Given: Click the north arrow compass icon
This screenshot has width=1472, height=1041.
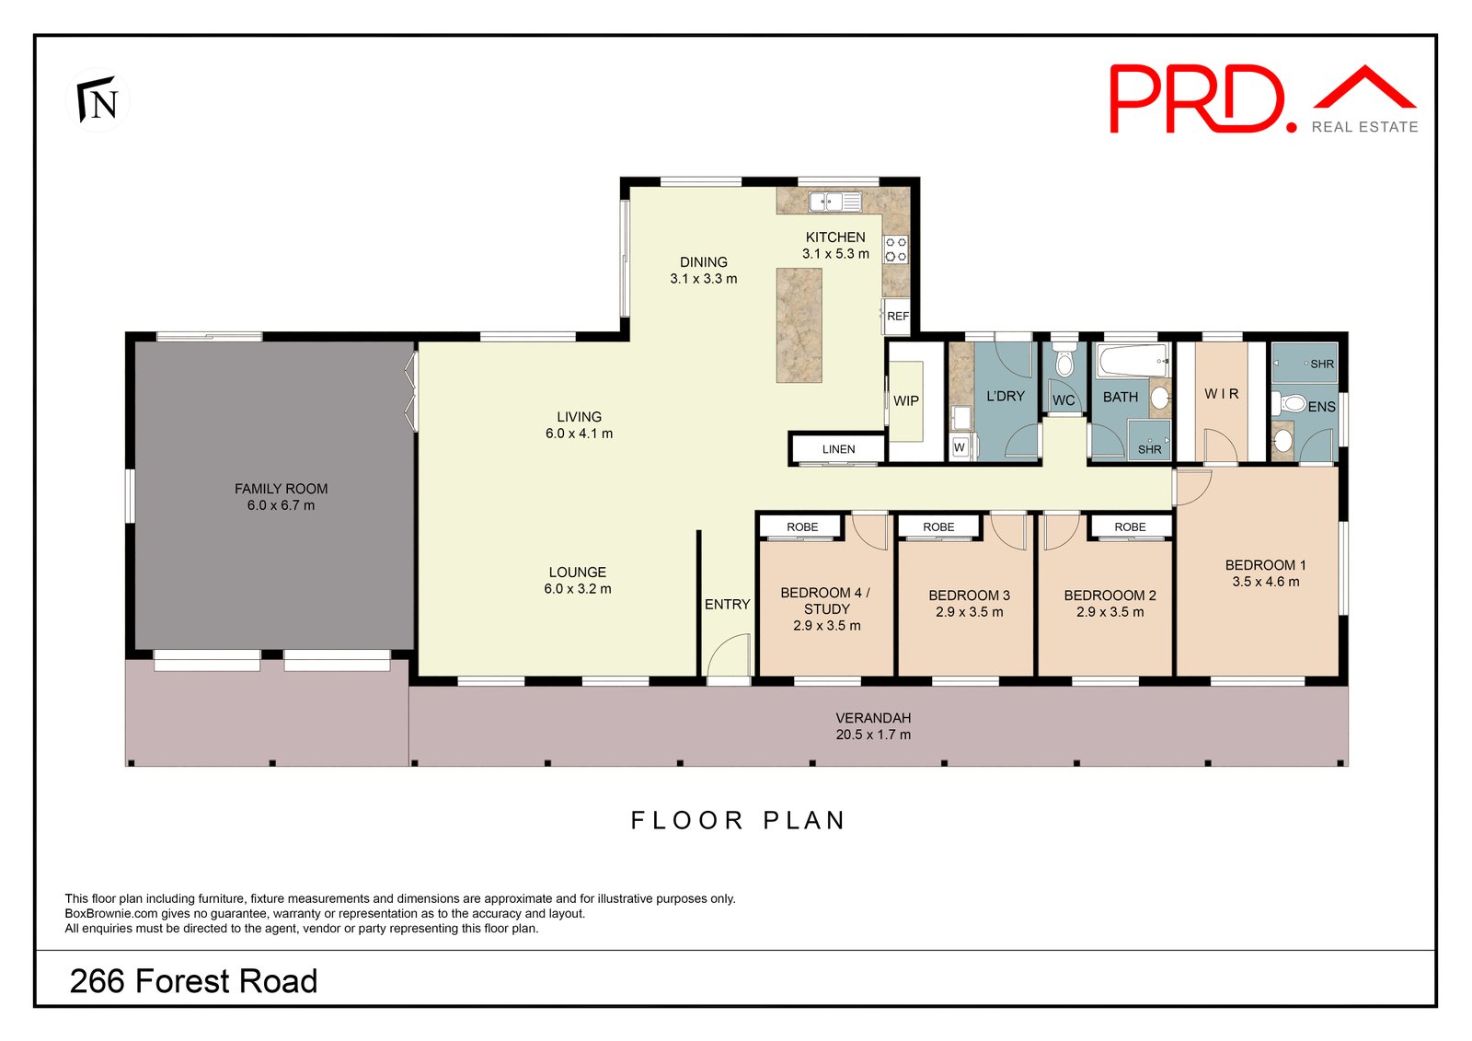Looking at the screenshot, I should pos(98,99).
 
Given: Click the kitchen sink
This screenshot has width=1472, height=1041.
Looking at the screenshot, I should pos(835,201).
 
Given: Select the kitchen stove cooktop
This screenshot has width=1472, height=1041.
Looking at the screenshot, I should pos(895,249).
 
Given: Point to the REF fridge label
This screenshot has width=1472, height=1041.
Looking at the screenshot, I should pos(897,316).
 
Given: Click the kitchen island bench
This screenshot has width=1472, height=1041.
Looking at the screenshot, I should pos(799,325).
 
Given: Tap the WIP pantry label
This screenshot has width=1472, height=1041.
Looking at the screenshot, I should pos(905,400).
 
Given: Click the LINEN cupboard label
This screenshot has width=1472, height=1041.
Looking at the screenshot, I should pos(838,449).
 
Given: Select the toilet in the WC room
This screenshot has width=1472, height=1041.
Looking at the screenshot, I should pos(1064,361).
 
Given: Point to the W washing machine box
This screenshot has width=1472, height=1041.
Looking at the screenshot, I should pos(960,447).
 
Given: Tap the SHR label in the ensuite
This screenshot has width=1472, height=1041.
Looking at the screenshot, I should pos(1321,364).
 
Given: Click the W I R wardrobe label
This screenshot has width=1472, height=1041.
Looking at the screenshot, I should pos(1222,394).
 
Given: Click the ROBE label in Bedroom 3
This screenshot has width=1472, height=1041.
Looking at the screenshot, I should pos(938,526).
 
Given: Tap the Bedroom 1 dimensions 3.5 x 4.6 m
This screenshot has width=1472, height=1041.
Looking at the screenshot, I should pos(1265,582).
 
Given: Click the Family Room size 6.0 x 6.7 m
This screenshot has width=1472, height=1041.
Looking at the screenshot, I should pos(281,505).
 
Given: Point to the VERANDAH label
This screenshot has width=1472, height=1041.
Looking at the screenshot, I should pos(873,718).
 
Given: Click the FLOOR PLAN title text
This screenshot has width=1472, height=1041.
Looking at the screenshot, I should pos(738,820).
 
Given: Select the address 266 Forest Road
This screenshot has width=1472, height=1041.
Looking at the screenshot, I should pos(194,981).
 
